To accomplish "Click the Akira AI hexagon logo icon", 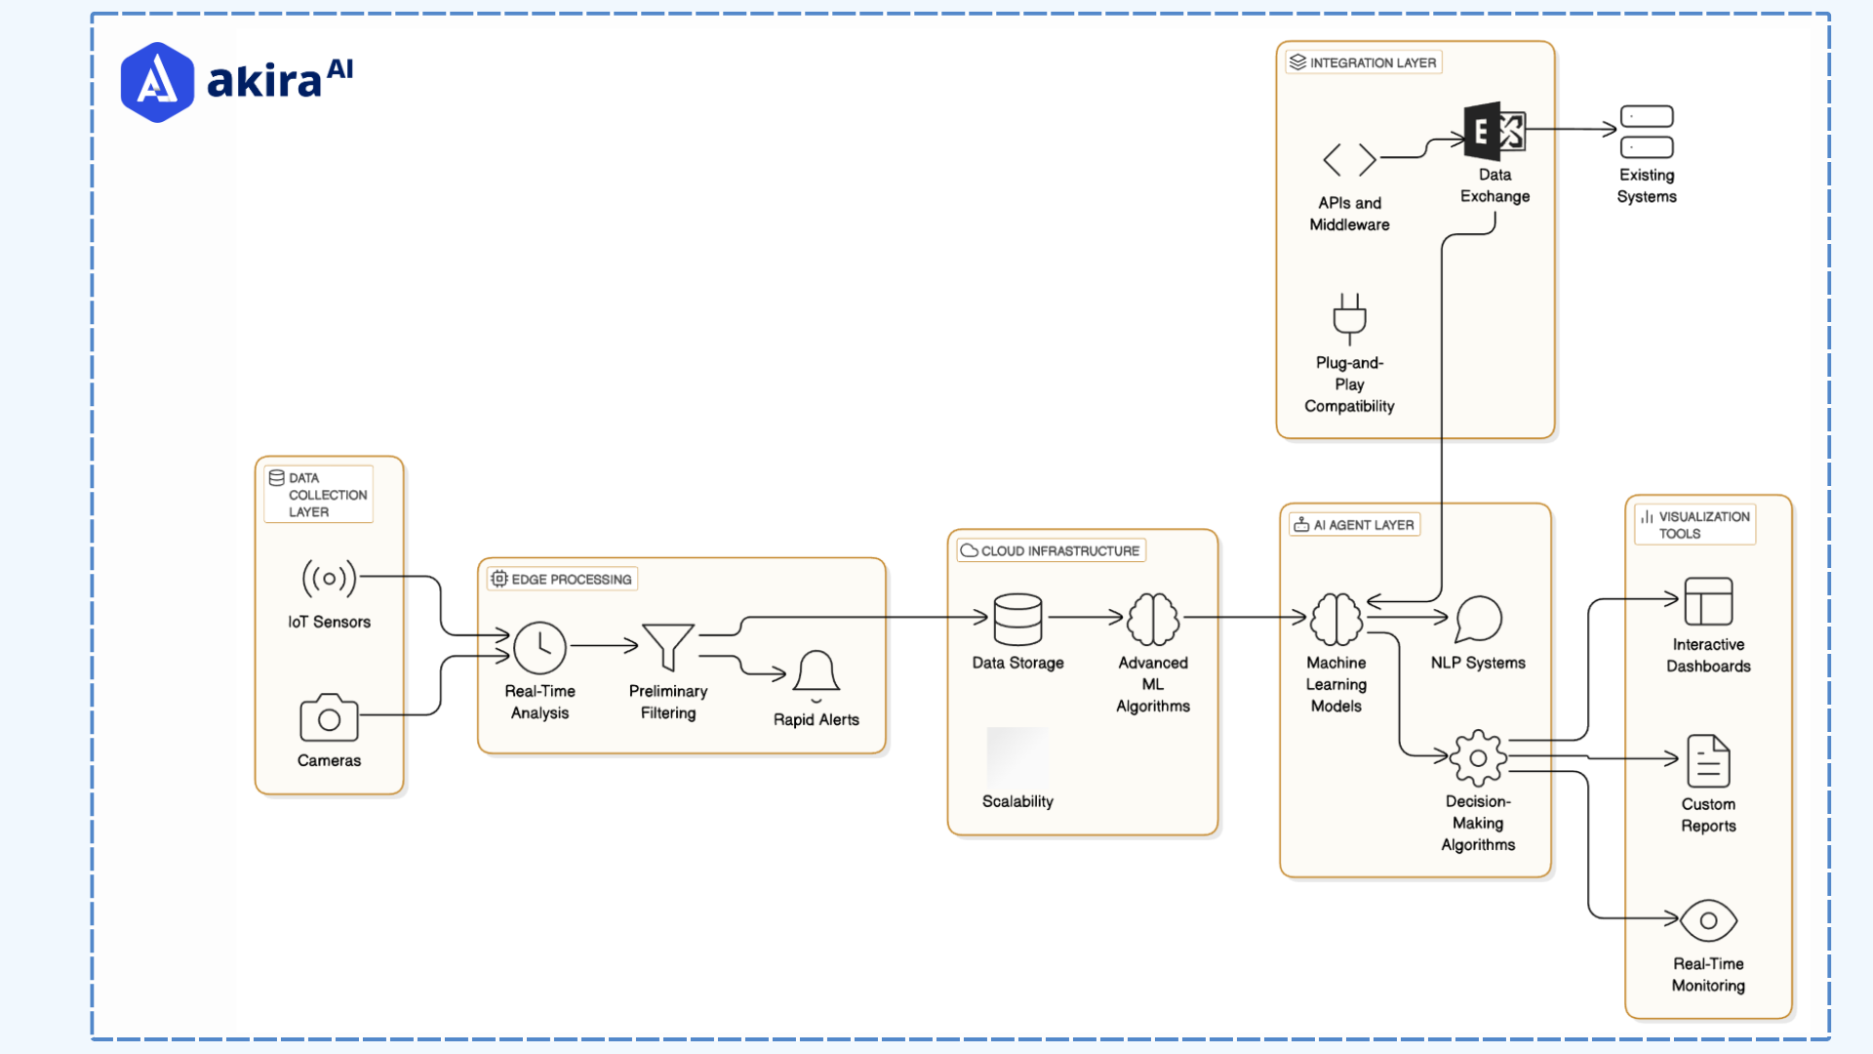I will pyautogui.click(x=157, y=82).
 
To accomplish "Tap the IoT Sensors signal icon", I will pyautogui.click(x=329, y=579).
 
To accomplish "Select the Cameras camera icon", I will pyautogui.click(x=329, y=718).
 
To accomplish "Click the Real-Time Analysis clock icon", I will pyautogui.click(x=539, y=648).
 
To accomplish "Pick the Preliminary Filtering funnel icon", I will pyautogui.click(x=668, y=647).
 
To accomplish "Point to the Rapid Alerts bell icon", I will pyautogui.click(x=817, y=673).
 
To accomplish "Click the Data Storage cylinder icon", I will pyautogui.click(x=1017, y=620).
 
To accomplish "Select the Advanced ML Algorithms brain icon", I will pyautogui.click(x=1153, y=620).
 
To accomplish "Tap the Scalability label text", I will pyautogui.click(x=1017, y=801).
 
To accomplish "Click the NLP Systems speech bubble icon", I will pyautogui.click(x=1478, y=619).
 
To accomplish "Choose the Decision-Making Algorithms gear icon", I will pyautogui.click(x=1478, y=757).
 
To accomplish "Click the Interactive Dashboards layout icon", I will pyautogui.click(x=1708, y=601).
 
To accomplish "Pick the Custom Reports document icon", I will pyautogui.click(x=1708, y=761).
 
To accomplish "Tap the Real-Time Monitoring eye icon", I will pyautogui.click(x=1708, y=920).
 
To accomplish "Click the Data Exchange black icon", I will pyautogui.click(x=1494, y=132).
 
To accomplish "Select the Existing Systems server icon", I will pyautogui.click(x=1647, y=132).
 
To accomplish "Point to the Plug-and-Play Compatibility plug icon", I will pyautogui.click(x=1350, y=318).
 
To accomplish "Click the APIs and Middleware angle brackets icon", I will pyautogui.click(x=1350, y=159).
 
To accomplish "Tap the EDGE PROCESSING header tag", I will pyautogui.click(x=563, y=579).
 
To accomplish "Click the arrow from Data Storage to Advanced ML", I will pyautogui.click(x=1085, y=617).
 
